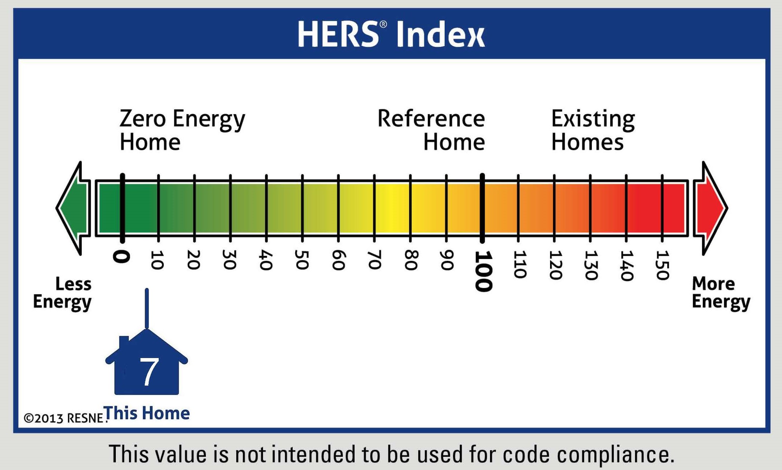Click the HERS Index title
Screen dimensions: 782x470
(391, 34)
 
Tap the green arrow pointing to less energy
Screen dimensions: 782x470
(74, 208)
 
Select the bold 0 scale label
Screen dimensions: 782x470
(122, 257)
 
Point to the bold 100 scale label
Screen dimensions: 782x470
(483, 271)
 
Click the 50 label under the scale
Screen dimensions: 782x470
(302, 260)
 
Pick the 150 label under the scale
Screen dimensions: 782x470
(662, 265)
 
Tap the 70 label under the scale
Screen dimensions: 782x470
(374, 260)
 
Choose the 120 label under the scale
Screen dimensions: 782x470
(555, 265)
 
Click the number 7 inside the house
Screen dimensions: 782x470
(149, 372)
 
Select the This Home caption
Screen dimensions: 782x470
(147, 413)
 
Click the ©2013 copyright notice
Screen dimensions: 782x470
(64, 418)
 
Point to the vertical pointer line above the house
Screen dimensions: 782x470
(147, 308)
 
